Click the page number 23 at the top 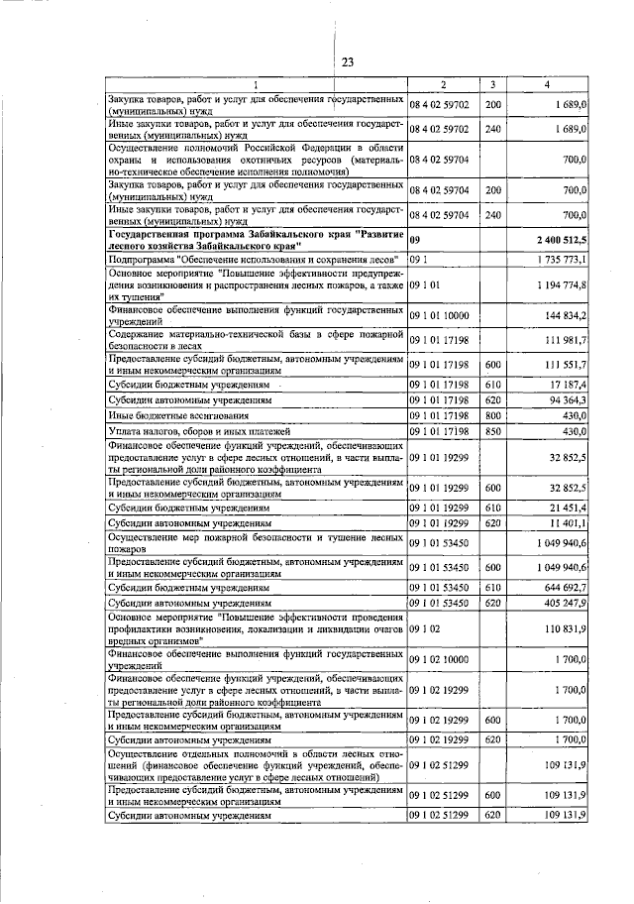coord(349,63)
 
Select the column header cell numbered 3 coord(492,85)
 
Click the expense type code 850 coord(493,432)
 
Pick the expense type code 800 coord(493,416)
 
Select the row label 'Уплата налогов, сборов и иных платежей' coord(201,432)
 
